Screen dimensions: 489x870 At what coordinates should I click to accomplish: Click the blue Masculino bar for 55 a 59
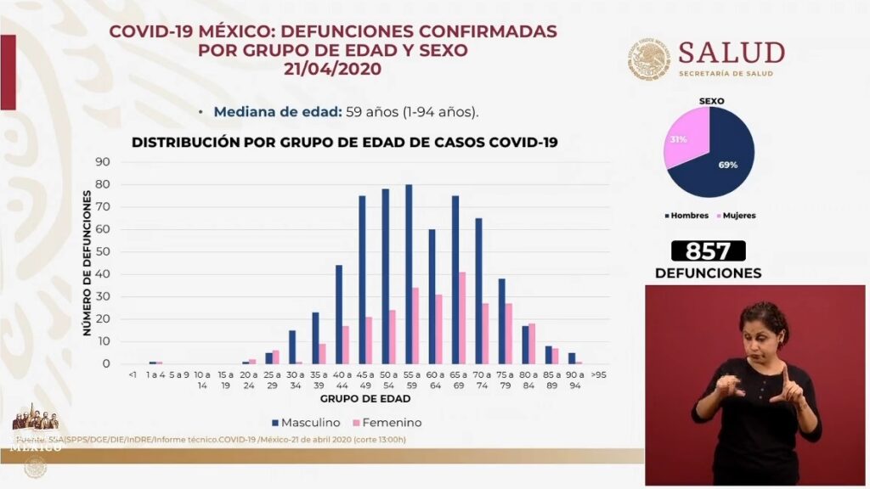point(409,274)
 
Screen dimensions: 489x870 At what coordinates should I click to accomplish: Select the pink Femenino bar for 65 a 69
point(462,318)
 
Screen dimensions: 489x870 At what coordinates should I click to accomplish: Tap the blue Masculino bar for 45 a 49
point(362,280)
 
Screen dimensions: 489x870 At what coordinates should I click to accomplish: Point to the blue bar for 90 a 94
point(572,357)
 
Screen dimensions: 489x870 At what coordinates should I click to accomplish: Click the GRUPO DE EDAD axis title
point(365,398)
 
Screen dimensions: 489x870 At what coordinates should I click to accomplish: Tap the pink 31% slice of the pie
point(682,142)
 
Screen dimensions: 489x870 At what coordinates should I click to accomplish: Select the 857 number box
point(708,250)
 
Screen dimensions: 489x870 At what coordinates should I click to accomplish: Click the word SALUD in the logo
point(732,53)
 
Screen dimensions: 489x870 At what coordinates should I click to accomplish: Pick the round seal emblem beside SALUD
point(649,59)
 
